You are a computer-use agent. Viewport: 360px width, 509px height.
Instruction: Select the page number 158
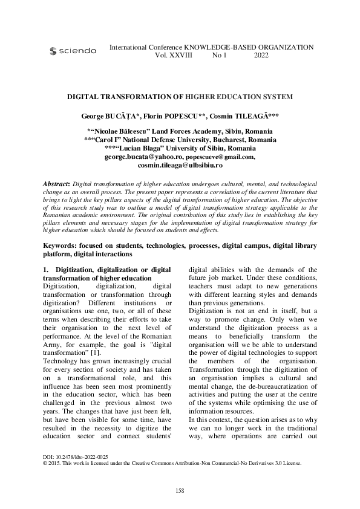click(180, 490)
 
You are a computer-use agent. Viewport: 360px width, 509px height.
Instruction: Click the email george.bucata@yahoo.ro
click(137, 157)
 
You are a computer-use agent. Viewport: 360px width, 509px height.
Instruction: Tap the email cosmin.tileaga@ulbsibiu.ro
click(180, 164)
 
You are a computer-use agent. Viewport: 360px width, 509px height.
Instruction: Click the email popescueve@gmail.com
click(219, 157)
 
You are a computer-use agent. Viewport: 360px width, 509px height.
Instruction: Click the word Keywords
click(64, 246)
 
